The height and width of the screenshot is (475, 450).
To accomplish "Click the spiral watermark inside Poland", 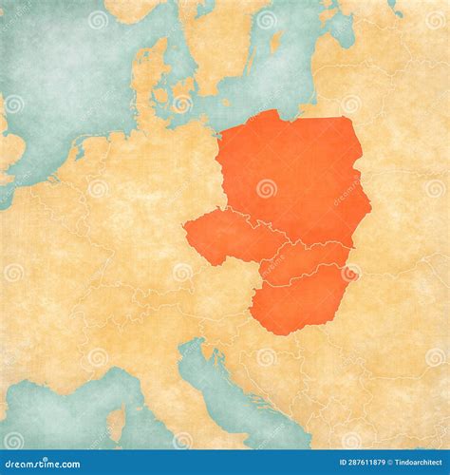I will click(267, 187).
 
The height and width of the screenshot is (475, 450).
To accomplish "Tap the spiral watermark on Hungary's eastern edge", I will click(350, 274).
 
